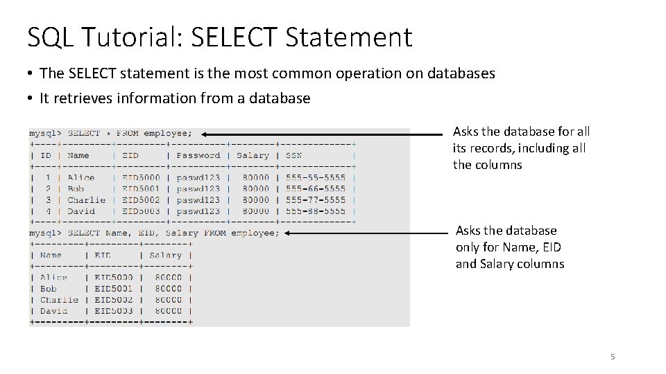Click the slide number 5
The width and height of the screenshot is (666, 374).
(613, 357)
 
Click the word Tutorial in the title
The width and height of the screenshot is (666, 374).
(134, 37)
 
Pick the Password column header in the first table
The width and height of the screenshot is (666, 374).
(198, 156)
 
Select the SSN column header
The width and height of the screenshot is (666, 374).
(293, 156)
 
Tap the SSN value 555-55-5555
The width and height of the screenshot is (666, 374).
(315, 177)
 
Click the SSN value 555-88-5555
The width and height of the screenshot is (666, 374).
(315, 211)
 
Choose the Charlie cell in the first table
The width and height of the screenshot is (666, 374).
(87, 200)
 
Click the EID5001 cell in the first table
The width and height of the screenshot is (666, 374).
(141, 188)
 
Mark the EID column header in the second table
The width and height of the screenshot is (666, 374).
(103, 255)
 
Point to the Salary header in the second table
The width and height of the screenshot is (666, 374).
(165, 255)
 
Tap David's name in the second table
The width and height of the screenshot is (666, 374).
(54, 311)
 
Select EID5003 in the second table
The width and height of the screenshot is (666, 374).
(114, 311)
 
